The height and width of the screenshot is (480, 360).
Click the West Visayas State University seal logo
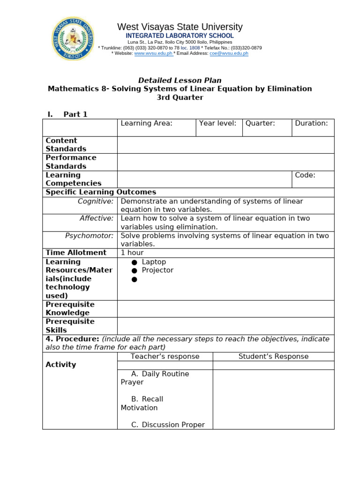click(73, 38)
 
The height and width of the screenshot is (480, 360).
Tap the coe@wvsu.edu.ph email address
click(229, 53)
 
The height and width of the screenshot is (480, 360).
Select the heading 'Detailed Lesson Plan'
click(180, 80)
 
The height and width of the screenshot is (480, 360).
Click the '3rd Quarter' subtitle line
click(180, 97)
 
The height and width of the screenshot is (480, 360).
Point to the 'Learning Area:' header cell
click(147, 123)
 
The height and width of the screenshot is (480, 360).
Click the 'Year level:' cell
click(218, 123)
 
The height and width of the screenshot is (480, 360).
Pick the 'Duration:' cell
click(311, 123)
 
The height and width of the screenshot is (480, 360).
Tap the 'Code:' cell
click(305, 175)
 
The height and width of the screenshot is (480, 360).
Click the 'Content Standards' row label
click(66, 145)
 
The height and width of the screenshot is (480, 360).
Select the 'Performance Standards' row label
click(71, 162)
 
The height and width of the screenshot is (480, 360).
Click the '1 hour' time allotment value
click(132, 253)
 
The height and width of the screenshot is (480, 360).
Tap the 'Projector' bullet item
click(157, 270)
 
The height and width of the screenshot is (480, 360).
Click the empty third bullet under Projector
click(135, 279)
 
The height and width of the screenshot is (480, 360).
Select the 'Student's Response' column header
click(273, 356)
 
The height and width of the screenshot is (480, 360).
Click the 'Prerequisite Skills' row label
click(70, 326)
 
